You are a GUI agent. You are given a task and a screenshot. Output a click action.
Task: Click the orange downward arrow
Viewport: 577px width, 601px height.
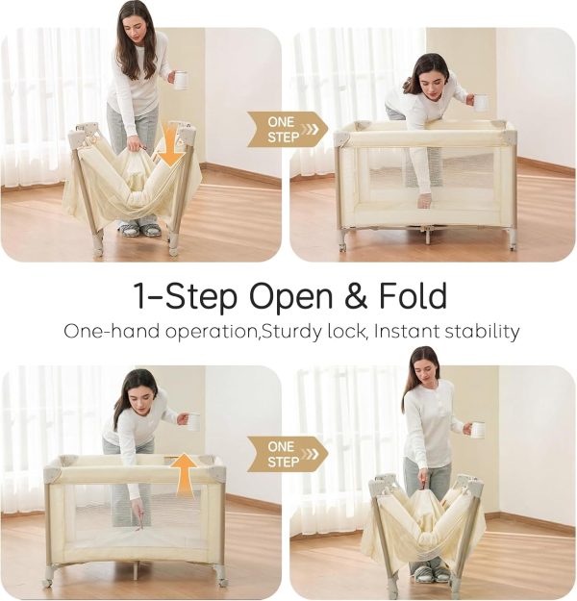click(171, 146)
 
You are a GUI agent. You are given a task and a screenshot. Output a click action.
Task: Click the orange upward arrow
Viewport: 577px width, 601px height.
click(184, 473)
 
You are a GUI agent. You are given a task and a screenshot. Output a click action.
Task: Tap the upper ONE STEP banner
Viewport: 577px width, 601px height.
click(288, 130)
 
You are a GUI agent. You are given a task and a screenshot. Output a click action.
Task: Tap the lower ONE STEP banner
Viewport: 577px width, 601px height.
click(288, 454)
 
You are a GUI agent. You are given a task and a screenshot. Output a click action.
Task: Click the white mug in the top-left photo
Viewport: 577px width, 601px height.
click(180, 80)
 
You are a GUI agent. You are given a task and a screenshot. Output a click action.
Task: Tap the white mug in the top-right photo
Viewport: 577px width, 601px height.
click(481, 103)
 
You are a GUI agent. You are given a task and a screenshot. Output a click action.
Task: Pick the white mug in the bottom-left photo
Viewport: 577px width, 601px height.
click(193, 422)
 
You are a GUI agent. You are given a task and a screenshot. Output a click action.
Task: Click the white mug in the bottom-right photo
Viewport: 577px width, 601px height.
click(478, 430)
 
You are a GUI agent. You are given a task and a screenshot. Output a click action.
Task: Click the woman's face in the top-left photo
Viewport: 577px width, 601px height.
click(138, 26)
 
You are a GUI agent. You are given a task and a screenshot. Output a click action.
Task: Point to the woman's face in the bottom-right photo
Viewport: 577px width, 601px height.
click(427, 370)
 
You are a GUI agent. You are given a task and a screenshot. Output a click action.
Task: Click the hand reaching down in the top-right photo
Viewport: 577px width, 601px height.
click(423, 202)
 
